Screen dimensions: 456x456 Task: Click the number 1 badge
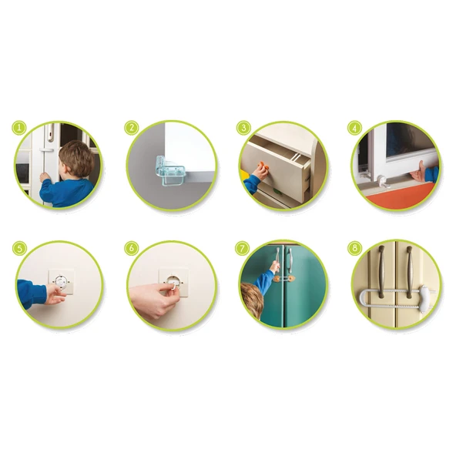coord(19,128)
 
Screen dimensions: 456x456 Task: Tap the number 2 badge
coord(132,128)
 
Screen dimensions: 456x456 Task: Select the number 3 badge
coord(243,128)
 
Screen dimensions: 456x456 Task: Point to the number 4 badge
coord(354,128)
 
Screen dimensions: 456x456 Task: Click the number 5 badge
coord(19,249)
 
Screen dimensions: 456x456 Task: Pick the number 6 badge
coord(132,249)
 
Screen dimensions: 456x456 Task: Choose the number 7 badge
coord(242,249)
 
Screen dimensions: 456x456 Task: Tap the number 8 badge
coord(354,249)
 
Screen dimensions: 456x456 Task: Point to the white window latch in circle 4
coord(382,182)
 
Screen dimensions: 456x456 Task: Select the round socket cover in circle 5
coord(62,281)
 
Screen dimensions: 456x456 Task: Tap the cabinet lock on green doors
coord(283,279)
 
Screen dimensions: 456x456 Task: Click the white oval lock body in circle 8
coord(424,298)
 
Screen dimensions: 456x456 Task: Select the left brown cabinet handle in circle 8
coord(381,272)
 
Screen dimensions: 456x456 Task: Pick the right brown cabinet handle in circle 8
coord(409,272)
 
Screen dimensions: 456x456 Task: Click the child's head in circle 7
coord(253,300)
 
